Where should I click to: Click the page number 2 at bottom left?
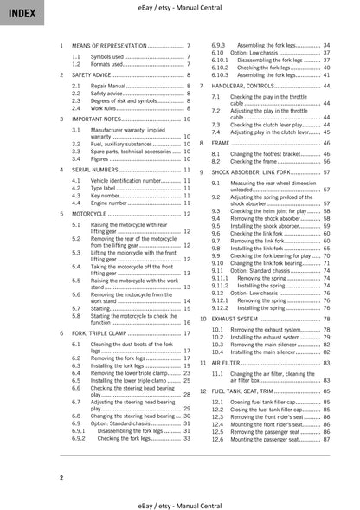click(61, 476)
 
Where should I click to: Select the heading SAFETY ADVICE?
click(100, 75)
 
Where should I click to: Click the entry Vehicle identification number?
click(125, 180)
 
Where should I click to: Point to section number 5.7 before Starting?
click(76, 307)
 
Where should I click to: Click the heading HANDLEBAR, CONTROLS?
click(250, 87)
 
